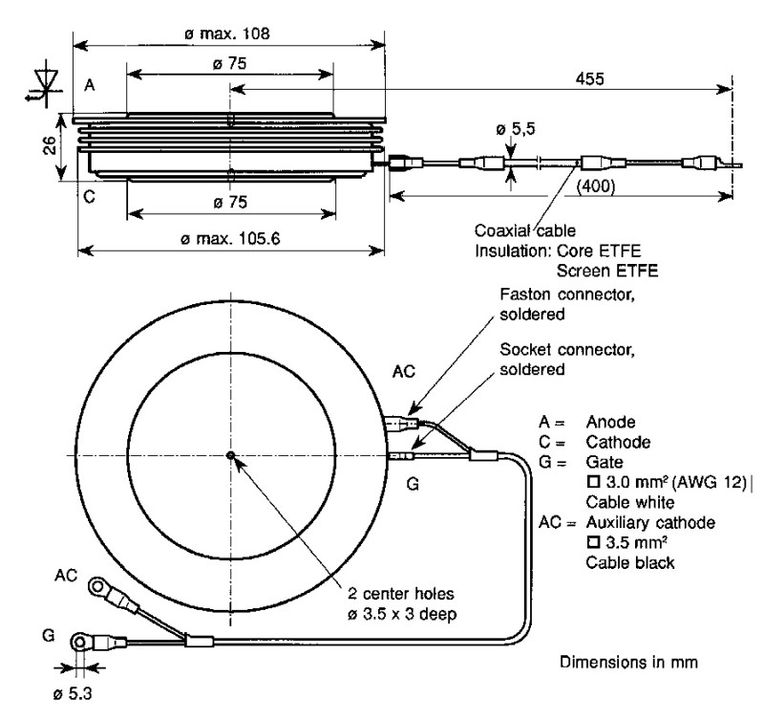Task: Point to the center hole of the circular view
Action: coord(230,455)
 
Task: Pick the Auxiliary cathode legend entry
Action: coord(649,524)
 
